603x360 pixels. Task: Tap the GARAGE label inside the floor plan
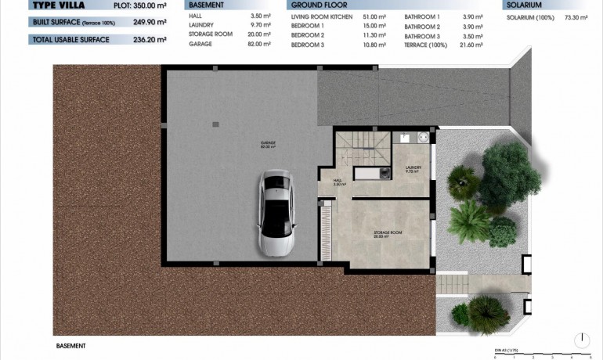point(269,145)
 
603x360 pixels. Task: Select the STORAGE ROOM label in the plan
point(386,233)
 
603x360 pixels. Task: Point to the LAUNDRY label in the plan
point(413,168)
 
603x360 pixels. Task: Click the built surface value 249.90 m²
point(150,22)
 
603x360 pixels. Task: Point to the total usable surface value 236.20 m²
point(150,39)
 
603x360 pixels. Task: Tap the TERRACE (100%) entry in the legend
point(428,44)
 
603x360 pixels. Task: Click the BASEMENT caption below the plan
point(70,345)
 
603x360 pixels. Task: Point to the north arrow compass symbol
point(581,340)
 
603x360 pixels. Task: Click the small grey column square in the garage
point(215,124)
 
